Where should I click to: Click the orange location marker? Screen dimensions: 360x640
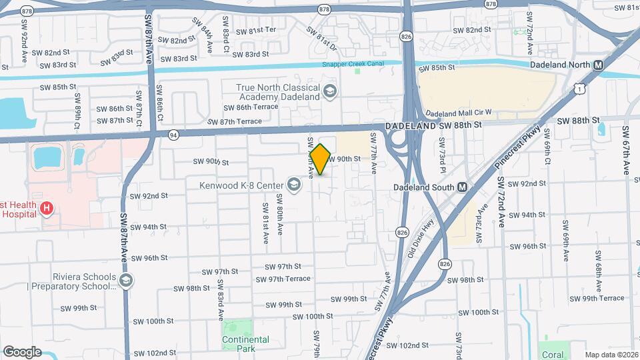321,159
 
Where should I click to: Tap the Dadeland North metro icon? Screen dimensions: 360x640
598,65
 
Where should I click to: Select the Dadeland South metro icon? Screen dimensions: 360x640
462,187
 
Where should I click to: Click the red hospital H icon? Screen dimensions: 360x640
46,209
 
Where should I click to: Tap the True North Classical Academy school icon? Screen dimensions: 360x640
329,91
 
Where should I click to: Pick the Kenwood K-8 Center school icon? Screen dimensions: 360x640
293,183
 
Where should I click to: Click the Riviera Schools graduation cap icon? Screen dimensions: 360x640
125,281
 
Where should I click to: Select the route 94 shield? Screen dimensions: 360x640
173,134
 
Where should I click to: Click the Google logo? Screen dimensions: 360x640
22,351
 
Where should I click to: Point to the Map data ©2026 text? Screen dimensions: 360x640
611,355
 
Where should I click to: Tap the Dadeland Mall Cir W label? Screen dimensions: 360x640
458,113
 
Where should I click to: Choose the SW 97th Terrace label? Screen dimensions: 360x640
288,278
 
